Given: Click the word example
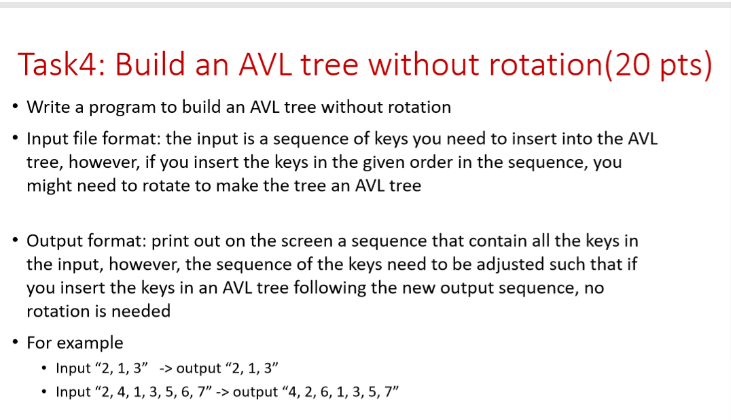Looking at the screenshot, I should tap(91, 343).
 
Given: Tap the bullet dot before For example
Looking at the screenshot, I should tap(15, 343).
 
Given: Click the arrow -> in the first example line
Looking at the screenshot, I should tap(166, 368).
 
